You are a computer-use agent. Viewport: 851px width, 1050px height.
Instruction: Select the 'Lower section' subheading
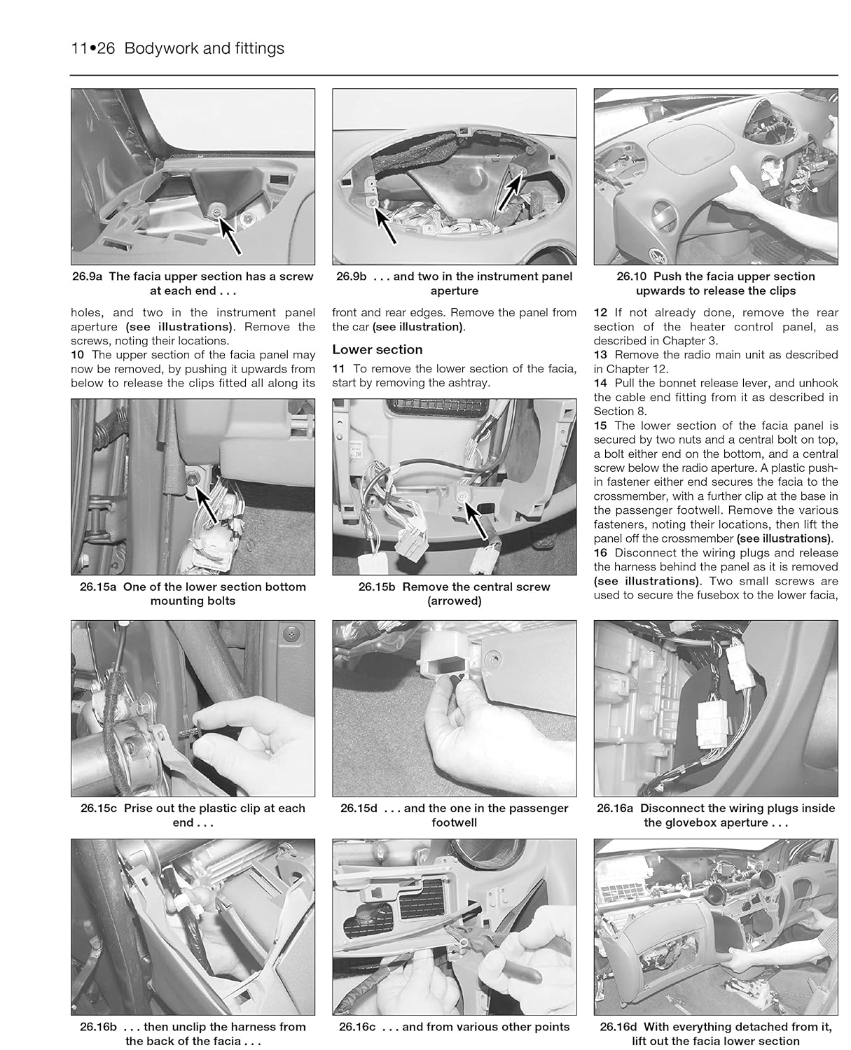tap(377, 349)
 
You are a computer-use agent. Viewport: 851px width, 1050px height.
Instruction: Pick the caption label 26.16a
tap(615, 808)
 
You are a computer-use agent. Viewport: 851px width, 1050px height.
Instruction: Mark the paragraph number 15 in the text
tap(600, 426)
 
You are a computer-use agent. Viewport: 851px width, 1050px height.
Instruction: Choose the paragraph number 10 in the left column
tap(77, 355)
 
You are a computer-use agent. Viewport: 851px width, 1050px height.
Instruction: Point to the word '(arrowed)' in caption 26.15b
tap(454, 601)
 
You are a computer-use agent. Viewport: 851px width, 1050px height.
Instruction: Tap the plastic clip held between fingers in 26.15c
tap(186, 733)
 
